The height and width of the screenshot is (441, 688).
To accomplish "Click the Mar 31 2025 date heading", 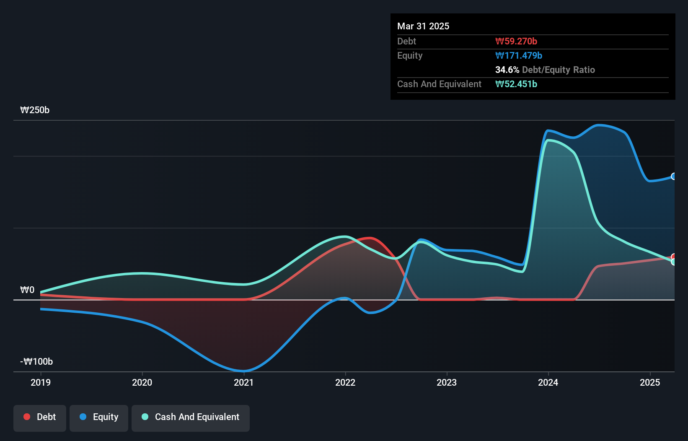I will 423,26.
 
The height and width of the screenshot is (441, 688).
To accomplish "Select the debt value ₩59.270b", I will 516,41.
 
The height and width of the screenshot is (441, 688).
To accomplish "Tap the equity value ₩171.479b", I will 518,55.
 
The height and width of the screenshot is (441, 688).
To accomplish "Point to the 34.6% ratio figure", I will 507,70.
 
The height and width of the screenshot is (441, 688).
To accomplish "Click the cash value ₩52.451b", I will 516,84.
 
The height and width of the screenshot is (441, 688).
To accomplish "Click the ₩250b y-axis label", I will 35,110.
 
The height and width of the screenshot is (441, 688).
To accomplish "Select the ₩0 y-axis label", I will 27,290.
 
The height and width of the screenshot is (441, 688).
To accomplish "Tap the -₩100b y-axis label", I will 36,361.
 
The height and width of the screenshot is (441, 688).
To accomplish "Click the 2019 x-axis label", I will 41,382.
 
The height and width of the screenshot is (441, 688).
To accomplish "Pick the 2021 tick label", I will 243,382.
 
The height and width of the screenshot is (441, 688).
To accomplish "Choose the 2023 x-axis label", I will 447,382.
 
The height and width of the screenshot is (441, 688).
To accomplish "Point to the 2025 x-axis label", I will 650,382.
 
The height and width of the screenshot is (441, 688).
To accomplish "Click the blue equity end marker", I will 674,176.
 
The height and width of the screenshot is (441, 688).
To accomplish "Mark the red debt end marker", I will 674,257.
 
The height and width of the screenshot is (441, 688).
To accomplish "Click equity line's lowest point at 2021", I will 243,371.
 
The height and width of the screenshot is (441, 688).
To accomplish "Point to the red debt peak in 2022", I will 370,238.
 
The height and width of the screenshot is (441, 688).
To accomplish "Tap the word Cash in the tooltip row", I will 408,84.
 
